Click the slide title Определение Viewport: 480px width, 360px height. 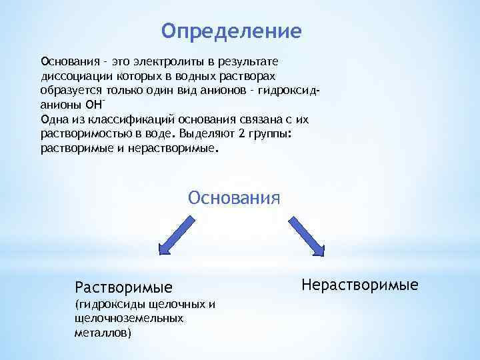(231, 31)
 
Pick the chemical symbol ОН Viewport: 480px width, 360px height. (93, 105)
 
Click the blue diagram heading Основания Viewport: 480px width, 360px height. (234, 199)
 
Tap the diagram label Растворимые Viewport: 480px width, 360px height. (123, 287)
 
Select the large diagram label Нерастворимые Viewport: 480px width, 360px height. (359, 285)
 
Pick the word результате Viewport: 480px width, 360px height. (253, 62)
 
